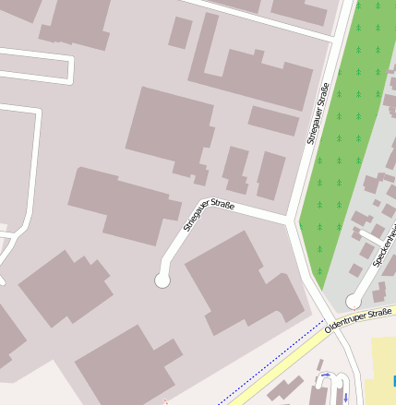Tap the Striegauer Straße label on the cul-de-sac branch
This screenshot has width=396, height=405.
[x=209, y=214]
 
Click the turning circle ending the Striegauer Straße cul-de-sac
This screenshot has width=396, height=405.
[x=162, y=280]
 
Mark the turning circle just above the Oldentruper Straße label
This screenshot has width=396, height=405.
[x=353, y=301]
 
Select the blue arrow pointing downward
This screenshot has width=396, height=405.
[x=345, y=397]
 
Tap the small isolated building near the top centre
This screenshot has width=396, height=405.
[x=180, y=32]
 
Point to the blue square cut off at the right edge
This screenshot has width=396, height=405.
[x=393, y=380]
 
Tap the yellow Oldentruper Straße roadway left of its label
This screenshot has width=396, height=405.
[x=277, y=364]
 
